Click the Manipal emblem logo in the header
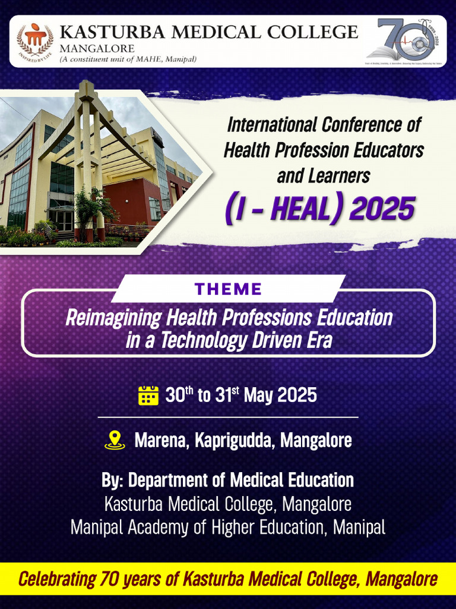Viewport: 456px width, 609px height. click(35, 40)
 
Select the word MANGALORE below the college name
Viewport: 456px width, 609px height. click(97, 48)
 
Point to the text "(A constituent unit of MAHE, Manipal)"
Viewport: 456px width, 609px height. click(128, 59)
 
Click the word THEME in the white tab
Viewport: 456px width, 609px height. click(229, 290)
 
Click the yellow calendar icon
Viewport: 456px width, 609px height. click(148, 395)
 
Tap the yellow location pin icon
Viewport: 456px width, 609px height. click(115, 440)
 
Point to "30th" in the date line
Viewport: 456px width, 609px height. click(178, 395)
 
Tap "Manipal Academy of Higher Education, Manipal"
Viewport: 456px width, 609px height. click(228, 527)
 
